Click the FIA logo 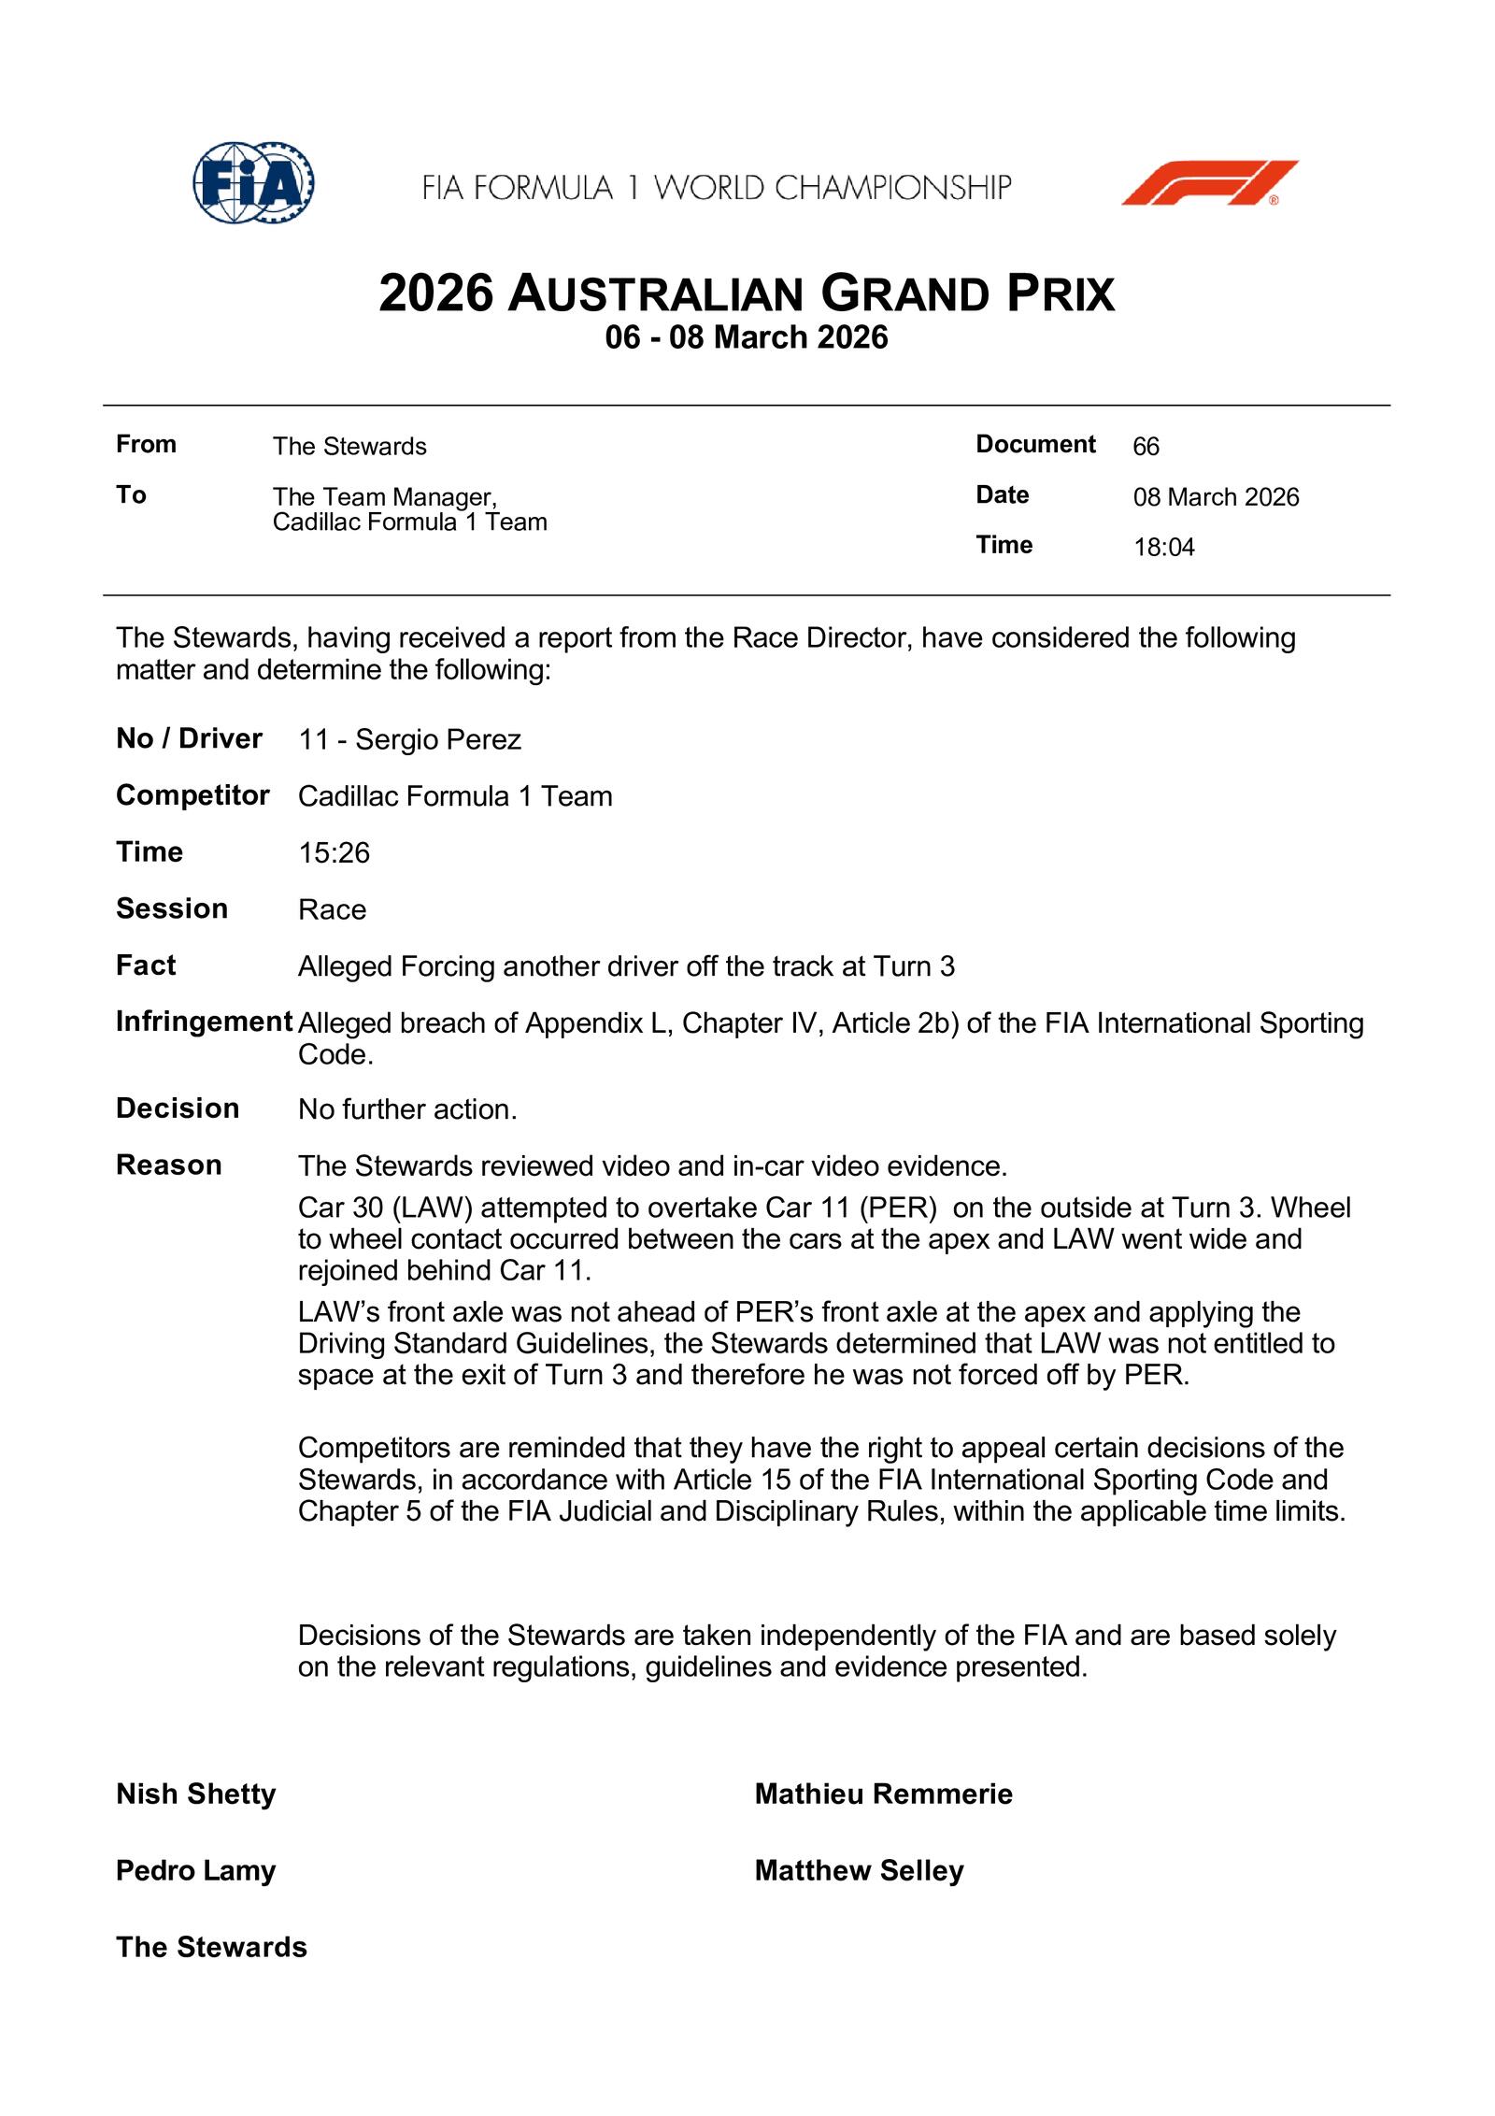(253, 182)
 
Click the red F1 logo (1209, 182)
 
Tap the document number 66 (1146, 447)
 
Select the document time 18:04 (1163, 547)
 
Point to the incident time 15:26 (334, 852)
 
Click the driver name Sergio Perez (437, 739)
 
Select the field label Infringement (204, 1022)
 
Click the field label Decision (178, 1108)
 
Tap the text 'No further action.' (407, 1109)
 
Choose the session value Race (332, 909)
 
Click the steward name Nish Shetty (196, 1794)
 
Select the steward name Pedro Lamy (196, 1870)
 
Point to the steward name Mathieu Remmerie (883, 1794)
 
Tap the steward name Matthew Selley (859, 1870)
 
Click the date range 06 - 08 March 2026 (746, 336)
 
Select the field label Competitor (192, 795)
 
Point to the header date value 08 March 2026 (1216, 497)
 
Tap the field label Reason (169, 1165)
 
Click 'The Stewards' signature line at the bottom (211, 1947)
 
